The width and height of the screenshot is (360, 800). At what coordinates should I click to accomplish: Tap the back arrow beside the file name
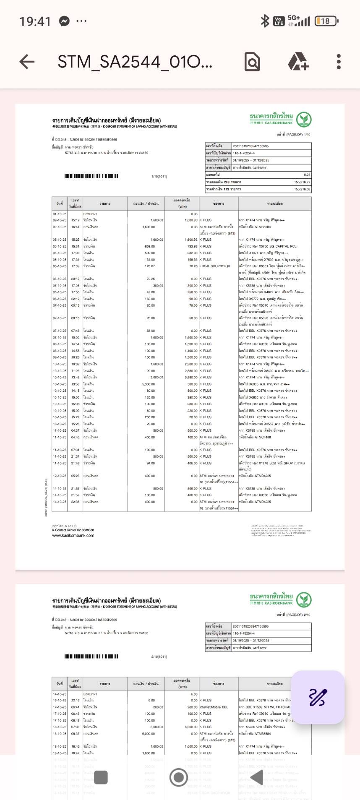click(27, 62)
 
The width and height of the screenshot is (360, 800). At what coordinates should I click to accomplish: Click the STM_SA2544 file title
click(135, 62)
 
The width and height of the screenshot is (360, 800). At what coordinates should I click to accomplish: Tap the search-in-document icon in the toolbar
click(252, 62)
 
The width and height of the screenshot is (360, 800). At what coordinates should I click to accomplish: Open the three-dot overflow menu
click(339, 62)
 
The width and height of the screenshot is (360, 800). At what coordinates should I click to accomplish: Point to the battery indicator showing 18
click(326, 21)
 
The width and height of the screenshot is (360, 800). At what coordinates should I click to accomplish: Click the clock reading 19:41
click(35, 21)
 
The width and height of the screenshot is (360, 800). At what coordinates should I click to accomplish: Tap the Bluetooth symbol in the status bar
click(265, 21)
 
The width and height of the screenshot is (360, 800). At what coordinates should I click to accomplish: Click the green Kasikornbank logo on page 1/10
click(303, 120)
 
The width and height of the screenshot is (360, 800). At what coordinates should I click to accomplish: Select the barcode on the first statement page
click(91, 176)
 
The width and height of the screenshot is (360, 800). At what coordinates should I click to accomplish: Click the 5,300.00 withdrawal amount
click(149, 384)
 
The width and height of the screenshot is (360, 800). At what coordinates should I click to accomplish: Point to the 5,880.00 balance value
click(191, 378)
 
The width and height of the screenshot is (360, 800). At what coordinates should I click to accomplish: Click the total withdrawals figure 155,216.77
click(302, 182)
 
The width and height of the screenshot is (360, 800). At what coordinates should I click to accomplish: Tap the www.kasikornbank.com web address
click(73, 535)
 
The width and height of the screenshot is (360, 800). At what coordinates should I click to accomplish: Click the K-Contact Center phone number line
click(73, 530)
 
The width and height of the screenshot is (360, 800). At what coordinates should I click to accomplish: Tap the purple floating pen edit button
click(318, 697)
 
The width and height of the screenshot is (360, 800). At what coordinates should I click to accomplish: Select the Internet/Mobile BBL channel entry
click(214, 707)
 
